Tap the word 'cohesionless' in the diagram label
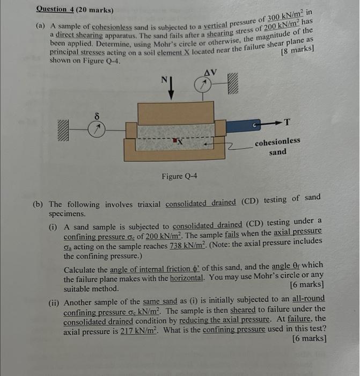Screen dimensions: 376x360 point(277,142)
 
